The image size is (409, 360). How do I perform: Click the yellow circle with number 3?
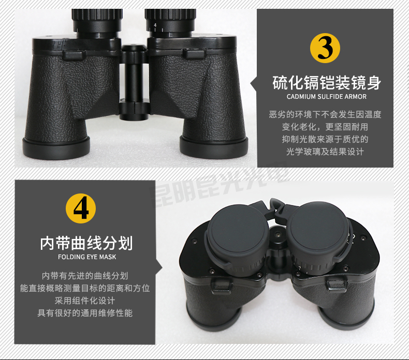[x=325, y=48]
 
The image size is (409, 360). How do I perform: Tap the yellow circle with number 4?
[x=81, y=209]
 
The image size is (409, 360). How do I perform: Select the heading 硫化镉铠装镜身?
[x=326, y=82]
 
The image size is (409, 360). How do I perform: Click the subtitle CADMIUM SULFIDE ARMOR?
[x=326, y=97]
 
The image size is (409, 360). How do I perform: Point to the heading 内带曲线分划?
[x=86, y=243]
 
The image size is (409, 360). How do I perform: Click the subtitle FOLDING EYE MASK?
[x=86, y=257]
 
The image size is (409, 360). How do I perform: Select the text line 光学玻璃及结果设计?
[x=325, y=152]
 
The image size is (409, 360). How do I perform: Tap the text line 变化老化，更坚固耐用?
[x=325, y=127]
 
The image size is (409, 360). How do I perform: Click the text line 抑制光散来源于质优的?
[x=325, y=139]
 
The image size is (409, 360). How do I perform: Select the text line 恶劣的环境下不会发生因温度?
[x=325, y=114]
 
